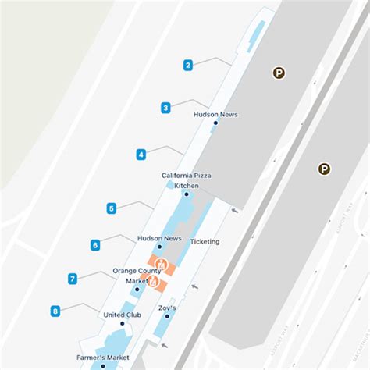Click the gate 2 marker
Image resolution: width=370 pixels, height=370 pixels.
tap(188, 66)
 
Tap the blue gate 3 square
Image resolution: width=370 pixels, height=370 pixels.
tap(166, 108)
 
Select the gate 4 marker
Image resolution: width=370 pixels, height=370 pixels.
tap(141, 155)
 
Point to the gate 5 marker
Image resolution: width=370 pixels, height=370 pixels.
tap(112, 208)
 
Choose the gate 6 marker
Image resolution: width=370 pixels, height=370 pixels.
tap(95, 245)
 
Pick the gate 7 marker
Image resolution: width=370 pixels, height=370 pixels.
tap(72, 279)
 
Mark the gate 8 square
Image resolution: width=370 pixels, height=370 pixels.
tap(55, 311)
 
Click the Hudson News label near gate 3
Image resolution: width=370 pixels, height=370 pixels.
tap(215, 115)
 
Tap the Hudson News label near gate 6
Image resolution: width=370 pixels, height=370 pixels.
tap(159, 238)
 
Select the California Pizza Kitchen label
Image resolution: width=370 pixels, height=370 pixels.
tap(187, 180)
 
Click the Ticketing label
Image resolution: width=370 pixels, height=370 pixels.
tap(205, 241)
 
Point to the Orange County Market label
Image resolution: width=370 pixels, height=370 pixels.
tap(137, 276)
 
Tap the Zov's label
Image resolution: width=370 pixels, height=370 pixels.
tap(168, 308)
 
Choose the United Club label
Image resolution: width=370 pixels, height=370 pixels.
tap(122, 315)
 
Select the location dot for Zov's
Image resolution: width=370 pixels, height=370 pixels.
tap(167, 316)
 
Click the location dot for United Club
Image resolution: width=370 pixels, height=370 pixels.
tap(122, 324)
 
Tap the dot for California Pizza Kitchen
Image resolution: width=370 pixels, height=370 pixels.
tap(186, 194)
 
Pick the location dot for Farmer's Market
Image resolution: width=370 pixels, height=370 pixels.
tap(102, 365)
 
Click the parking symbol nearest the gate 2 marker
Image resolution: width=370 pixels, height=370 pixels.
tap(278, 73)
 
